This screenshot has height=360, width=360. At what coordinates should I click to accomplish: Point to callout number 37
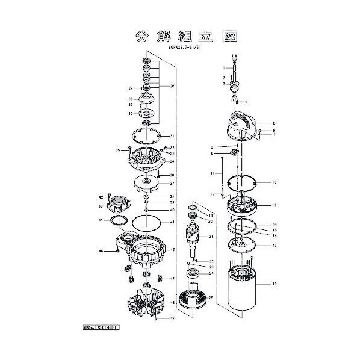pos(172,184)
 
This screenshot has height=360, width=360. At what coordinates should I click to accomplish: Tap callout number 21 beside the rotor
pos(211,237)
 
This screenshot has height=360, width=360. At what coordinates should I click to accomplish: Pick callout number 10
pos(273,182)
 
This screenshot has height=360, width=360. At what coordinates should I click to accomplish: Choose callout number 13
pos(273,206)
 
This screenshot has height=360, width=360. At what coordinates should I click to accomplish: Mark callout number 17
pos(274,246)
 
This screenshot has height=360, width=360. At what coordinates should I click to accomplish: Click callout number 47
pos(172,279)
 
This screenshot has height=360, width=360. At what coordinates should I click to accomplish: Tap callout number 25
pos(211,297)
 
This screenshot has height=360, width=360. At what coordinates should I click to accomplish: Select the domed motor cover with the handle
pos(247,126)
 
